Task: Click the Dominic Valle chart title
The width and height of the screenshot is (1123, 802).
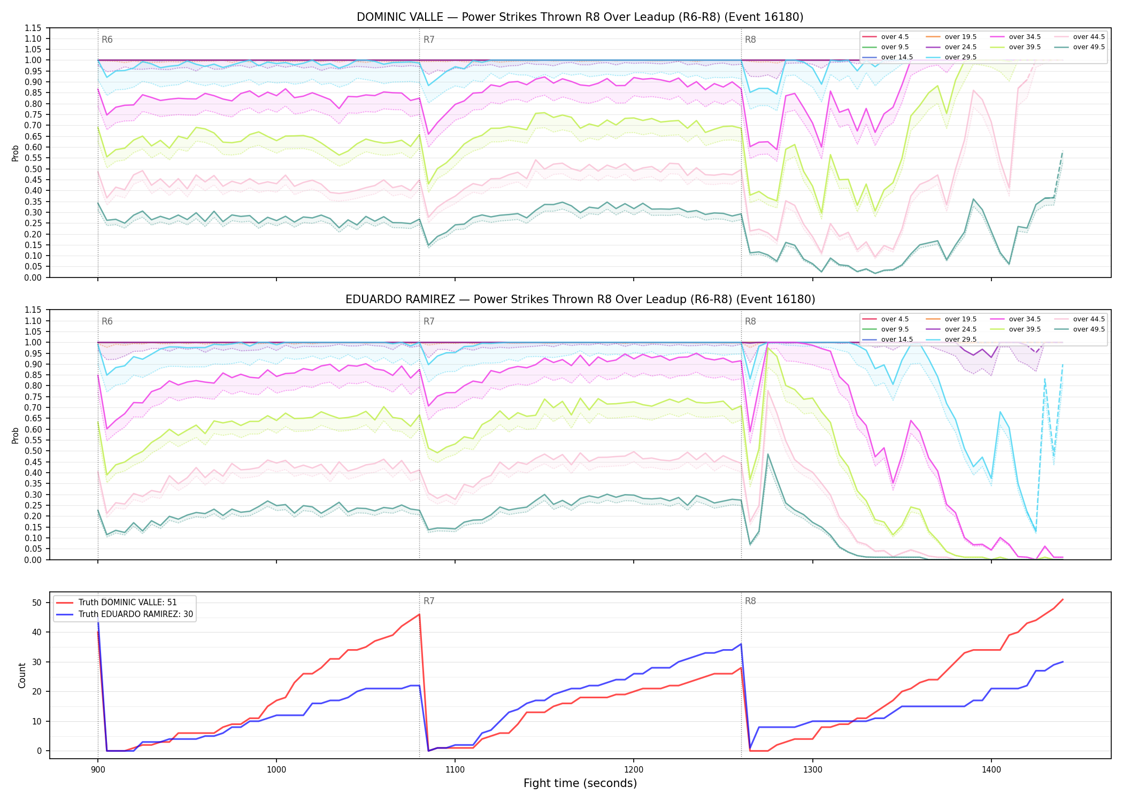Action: [x=580, y=17]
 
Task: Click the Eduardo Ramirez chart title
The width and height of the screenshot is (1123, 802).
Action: [x=580, y=299]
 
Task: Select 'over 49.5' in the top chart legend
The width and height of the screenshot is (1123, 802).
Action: [x=1089, y=47]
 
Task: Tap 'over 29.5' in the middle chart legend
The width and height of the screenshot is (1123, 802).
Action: [x=960, y=340]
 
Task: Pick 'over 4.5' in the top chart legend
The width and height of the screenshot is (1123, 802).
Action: [x=895, y=37]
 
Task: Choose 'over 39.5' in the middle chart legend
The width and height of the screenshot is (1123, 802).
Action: [x=1025, y=329]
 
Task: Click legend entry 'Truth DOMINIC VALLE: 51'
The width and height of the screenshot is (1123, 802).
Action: [x=127, y=602]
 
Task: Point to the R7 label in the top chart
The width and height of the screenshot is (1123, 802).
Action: [x=429, y=40]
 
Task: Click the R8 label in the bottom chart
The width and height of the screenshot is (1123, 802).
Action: [x=750, y=601]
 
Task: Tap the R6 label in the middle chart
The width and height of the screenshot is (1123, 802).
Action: [x=107, y=321]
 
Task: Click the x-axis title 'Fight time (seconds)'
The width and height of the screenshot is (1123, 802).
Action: [x=580, y=783]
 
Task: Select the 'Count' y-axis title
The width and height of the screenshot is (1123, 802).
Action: [x=22, y=675]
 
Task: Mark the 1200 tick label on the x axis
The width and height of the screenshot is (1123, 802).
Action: [x=634, y=770]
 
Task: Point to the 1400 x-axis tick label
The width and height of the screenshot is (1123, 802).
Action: [x=991, y=770]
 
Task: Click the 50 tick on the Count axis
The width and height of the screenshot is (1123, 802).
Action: [x=37, y=603]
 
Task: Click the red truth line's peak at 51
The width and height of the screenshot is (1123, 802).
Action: [x=1063, y=599]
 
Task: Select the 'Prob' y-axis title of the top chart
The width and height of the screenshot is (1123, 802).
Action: [x=16, y=153]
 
